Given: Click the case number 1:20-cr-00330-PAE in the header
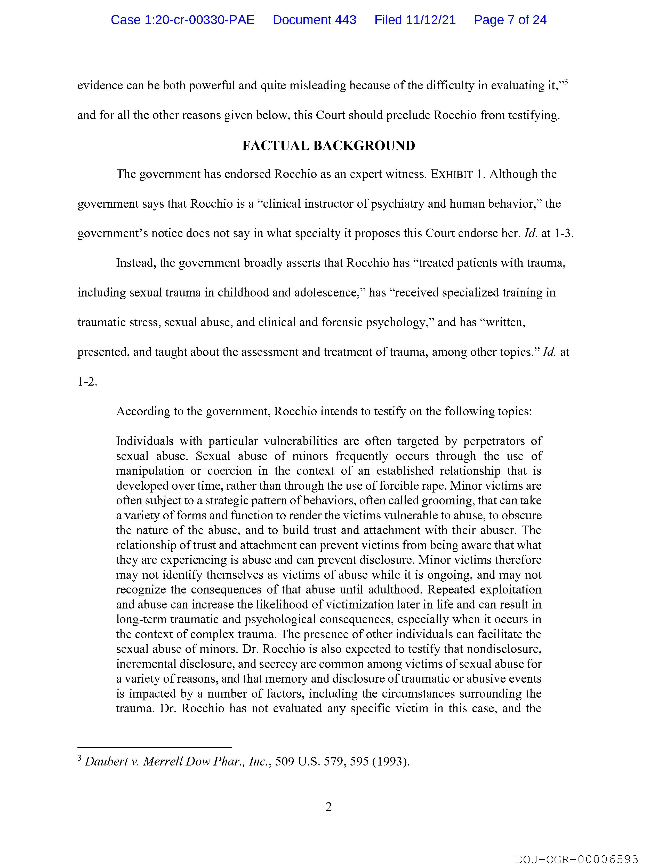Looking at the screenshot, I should tap(182, 20).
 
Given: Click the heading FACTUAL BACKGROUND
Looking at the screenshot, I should tap(328, 146).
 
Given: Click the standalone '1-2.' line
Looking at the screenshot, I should tap(87, 382).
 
